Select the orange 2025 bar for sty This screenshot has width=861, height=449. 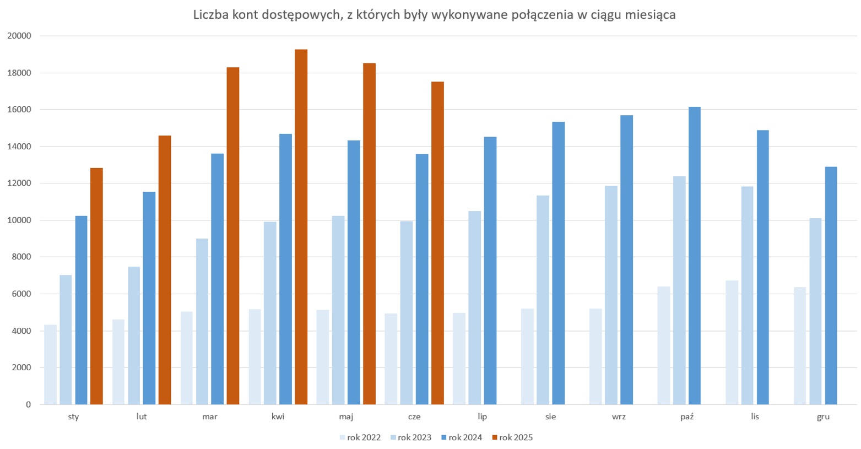point(96,286)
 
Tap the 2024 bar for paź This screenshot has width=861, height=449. point(694,256)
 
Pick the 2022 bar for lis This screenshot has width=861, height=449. point(732,342)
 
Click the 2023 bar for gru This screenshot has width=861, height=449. point(815,311)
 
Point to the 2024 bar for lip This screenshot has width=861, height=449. point(490,271)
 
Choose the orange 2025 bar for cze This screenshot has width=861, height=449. point(437,243)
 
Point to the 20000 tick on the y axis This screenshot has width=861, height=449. point(19,36)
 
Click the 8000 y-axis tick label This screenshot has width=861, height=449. point(21,257)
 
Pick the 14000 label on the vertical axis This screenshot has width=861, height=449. point(19,147)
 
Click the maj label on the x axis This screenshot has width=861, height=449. point(346,416)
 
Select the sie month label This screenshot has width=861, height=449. point(550,416)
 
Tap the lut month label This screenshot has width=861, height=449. point(142,416)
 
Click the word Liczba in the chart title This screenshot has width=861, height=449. point(208,15)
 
